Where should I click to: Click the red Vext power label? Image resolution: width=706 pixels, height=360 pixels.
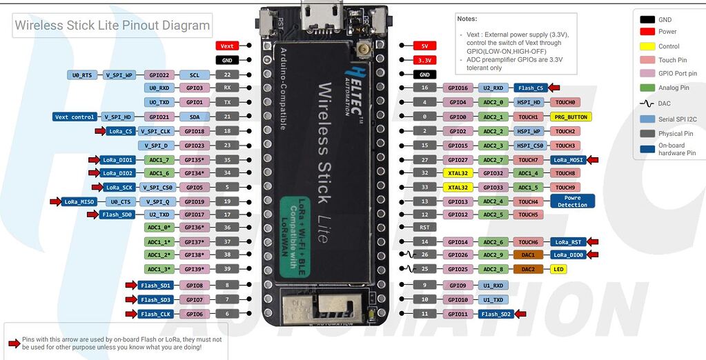coord(227,46)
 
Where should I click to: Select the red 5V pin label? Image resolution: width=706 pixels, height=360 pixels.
coord(424,46)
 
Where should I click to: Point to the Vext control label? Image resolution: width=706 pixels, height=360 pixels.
coord(75,117)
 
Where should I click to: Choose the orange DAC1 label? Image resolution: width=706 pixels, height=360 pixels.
coord(528,254)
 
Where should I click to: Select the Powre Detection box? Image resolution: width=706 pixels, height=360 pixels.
coord(572,201)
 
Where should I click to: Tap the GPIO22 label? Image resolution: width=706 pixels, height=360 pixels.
coord(159,74)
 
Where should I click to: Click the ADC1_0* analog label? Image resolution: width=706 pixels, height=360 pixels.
coord(159,227)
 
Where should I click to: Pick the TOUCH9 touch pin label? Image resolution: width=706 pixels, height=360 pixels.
coord(565,187)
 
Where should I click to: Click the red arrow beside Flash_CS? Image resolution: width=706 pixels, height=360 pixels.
coord(554,88)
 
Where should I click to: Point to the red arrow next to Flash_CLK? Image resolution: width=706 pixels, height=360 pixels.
coord(130,314)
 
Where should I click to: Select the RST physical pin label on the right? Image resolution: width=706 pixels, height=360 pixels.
coord(424,227)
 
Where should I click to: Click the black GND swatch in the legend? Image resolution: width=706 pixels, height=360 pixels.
coord(647,20)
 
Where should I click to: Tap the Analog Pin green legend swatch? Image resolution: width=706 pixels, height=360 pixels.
coord(647,88)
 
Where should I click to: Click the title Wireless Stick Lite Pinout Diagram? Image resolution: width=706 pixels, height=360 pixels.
coord(112,26)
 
